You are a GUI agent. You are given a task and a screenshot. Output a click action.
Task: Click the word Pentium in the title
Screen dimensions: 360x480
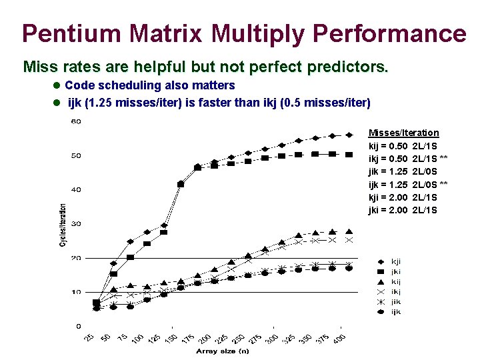point(77,33)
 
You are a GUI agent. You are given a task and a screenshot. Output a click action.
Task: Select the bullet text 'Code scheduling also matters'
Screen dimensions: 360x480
point(150,85)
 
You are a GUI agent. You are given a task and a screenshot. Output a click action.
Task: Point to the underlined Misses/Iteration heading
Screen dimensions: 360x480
point(403,133)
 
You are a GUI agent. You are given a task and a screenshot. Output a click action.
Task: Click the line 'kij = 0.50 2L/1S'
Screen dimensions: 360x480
point(403,146)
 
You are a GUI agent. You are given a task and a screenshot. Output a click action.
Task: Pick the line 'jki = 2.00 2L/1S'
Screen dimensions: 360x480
point(403,210)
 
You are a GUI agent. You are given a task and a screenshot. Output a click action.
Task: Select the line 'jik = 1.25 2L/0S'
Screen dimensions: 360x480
point(403,171)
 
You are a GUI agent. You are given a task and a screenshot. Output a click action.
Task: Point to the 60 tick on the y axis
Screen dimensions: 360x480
point(76,122)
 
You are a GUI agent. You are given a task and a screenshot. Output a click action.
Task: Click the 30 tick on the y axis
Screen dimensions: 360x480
point(76,224)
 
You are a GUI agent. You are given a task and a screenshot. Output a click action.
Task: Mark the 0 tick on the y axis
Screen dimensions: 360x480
point(79,326)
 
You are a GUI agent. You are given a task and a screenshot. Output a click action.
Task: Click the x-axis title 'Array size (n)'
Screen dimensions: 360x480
point(222,351)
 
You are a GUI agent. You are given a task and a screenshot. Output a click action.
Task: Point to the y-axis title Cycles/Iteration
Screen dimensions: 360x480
point(63,225)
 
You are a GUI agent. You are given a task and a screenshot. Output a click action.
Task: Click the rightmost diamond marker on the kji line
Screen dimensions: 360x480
point(349,135)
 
